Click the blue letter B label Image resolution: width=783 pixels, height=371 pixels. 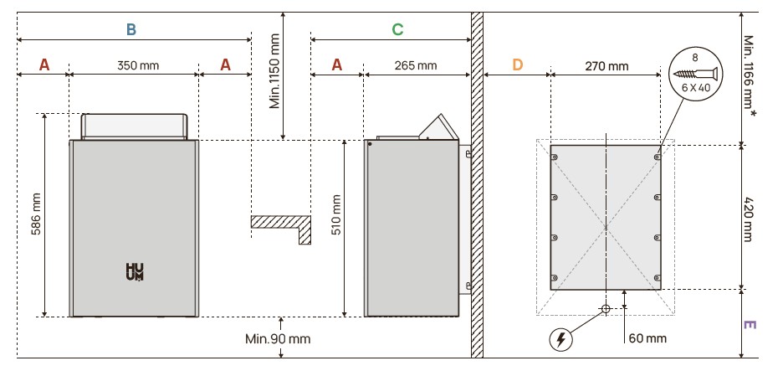pos(130,29)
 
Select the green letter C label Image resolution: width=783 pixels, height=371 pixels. pos(397,29)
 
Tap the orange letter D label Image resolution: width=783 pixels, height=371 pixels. pos(517,64)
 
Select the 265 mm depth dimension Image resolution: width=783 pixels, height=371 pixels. pos(416,65)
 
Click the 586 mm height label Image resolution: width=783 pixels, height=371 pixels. pos(35,215)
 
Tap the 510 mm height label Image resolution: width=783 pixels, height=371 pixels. pos(336,215)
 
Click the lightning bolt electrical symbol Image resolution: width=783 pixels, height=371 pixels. pos(561,339)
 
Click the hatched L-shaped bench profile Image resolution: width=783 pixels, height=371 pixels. pos(284,226)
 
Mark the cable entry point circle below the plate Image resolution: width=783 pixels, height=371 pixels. pos(605,308)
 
